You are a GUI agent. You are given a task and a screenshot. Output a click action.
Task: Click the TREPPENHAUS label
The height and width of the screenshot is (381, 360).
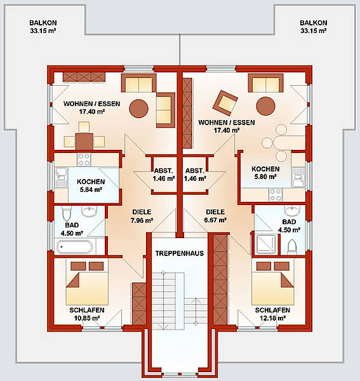pyautogui.click(x=180, y=253)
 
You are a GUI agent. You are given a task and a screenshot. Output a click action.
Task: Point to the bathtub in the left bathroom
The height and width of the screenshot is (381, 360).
pyautogui.click(x=74, y=247)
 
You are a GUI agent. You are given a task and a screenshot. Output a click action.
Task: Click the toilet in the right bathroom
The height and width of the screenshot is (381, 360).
pyautogui.click(x=292, y=247)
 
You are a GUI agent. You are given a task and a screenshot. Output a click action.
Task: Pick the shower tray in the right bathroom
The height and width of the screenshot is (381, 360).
pyautogui.click(x=265, y=244)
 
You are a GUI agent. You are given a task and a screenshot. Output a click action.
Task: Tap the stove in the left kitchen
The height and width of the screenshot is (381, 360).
pyautogui.click(x=84, y=159)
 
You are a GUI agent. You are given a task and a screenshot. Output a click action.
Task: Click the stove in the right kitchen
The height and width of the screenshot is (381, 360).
pyautogui.click(x=276, y=195)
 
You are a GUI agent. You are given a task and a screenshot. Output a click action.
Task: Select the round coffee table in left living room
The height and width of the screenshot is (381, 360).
pyautogui.click(x=138, y=109)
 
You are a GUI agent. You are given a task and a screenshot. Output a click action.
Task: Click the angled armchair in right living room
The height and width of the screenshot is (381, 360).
pyautogui.click(x=225, y=103)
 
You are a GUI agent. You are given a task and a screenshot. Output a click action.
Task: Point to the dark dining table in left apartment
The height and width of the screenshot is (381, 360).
pyautogui.click(x=84, y=141)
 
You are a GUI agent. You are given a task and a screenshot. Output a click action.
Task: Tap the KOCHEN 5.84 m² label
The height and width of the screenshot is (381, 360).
pyautogui.click(x=91, y=185)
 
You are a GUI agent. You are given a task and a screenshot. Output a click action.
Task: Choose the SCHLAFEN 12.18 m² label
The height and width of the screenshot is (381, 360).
pyautogui.click(x=272, y=314)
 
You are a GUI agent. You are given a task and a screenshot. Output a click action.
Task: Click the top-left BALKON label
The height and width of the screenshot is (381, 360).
pyautogui.click(x=43, y=27)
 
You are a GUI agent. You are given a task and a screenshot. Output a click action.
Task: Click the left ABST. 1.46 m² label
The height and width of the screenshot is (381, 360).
pyautogui.click(x=163, y=175)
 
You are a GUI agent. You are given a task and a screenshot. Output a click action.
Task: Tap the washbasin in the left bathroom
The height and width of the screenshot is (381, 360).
pyautogui.click(x=89, y=211)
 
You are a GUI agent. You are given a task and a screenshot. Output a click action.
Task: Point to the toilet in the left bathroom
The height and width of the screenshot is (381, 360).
pyautogui.click(x=66, y=213)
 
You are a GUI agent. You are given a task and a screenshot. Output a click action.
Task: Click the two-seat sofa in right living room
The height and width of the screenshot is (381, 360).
pyautogui.click(x=265, y=83)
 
